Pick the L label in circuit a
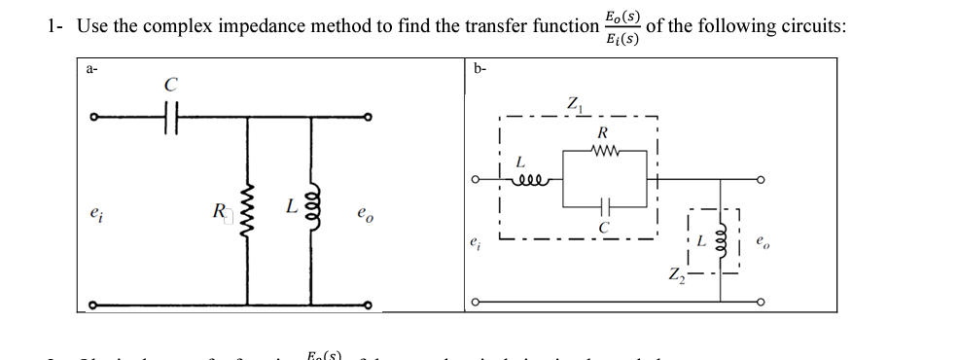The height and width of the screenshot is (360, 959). (291, 205)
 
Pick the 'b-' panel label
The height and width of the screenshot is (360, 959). (479, 68)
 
